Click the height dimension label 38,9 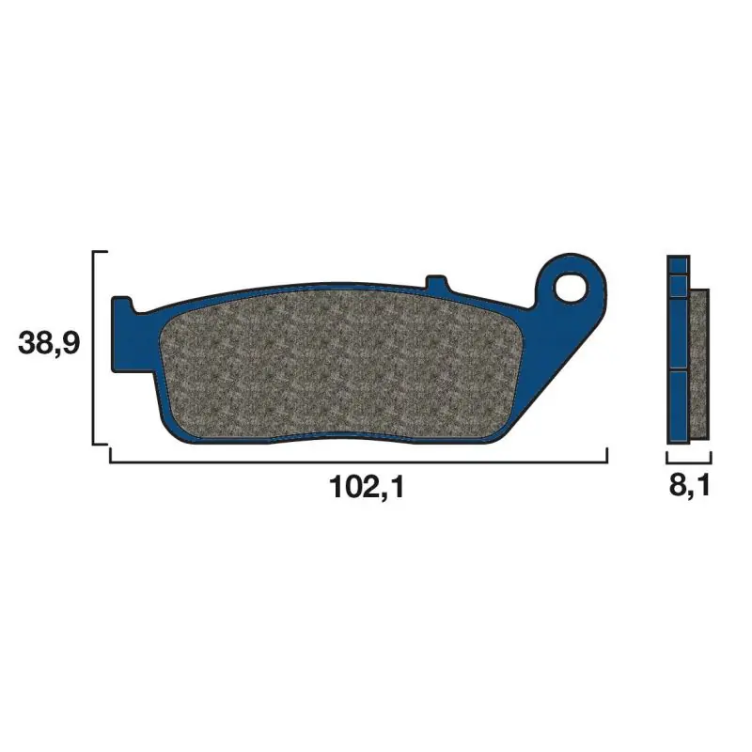pyautogui.click(x=49, y=344)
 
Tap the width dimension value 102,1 pyautogui.click(x=368, y=488)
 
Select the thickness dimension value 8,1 pyautogui.click(x=689, y=487)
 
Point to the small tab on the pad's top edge pyautogui.click(x=436, y=283)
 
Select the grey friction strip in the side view pyautogui.click(x=699, y=364)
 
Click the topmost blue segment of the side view pyautogui.click(x=678, y=265)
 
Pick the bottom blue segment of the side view pyautogui.click(x=678, y=406)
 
